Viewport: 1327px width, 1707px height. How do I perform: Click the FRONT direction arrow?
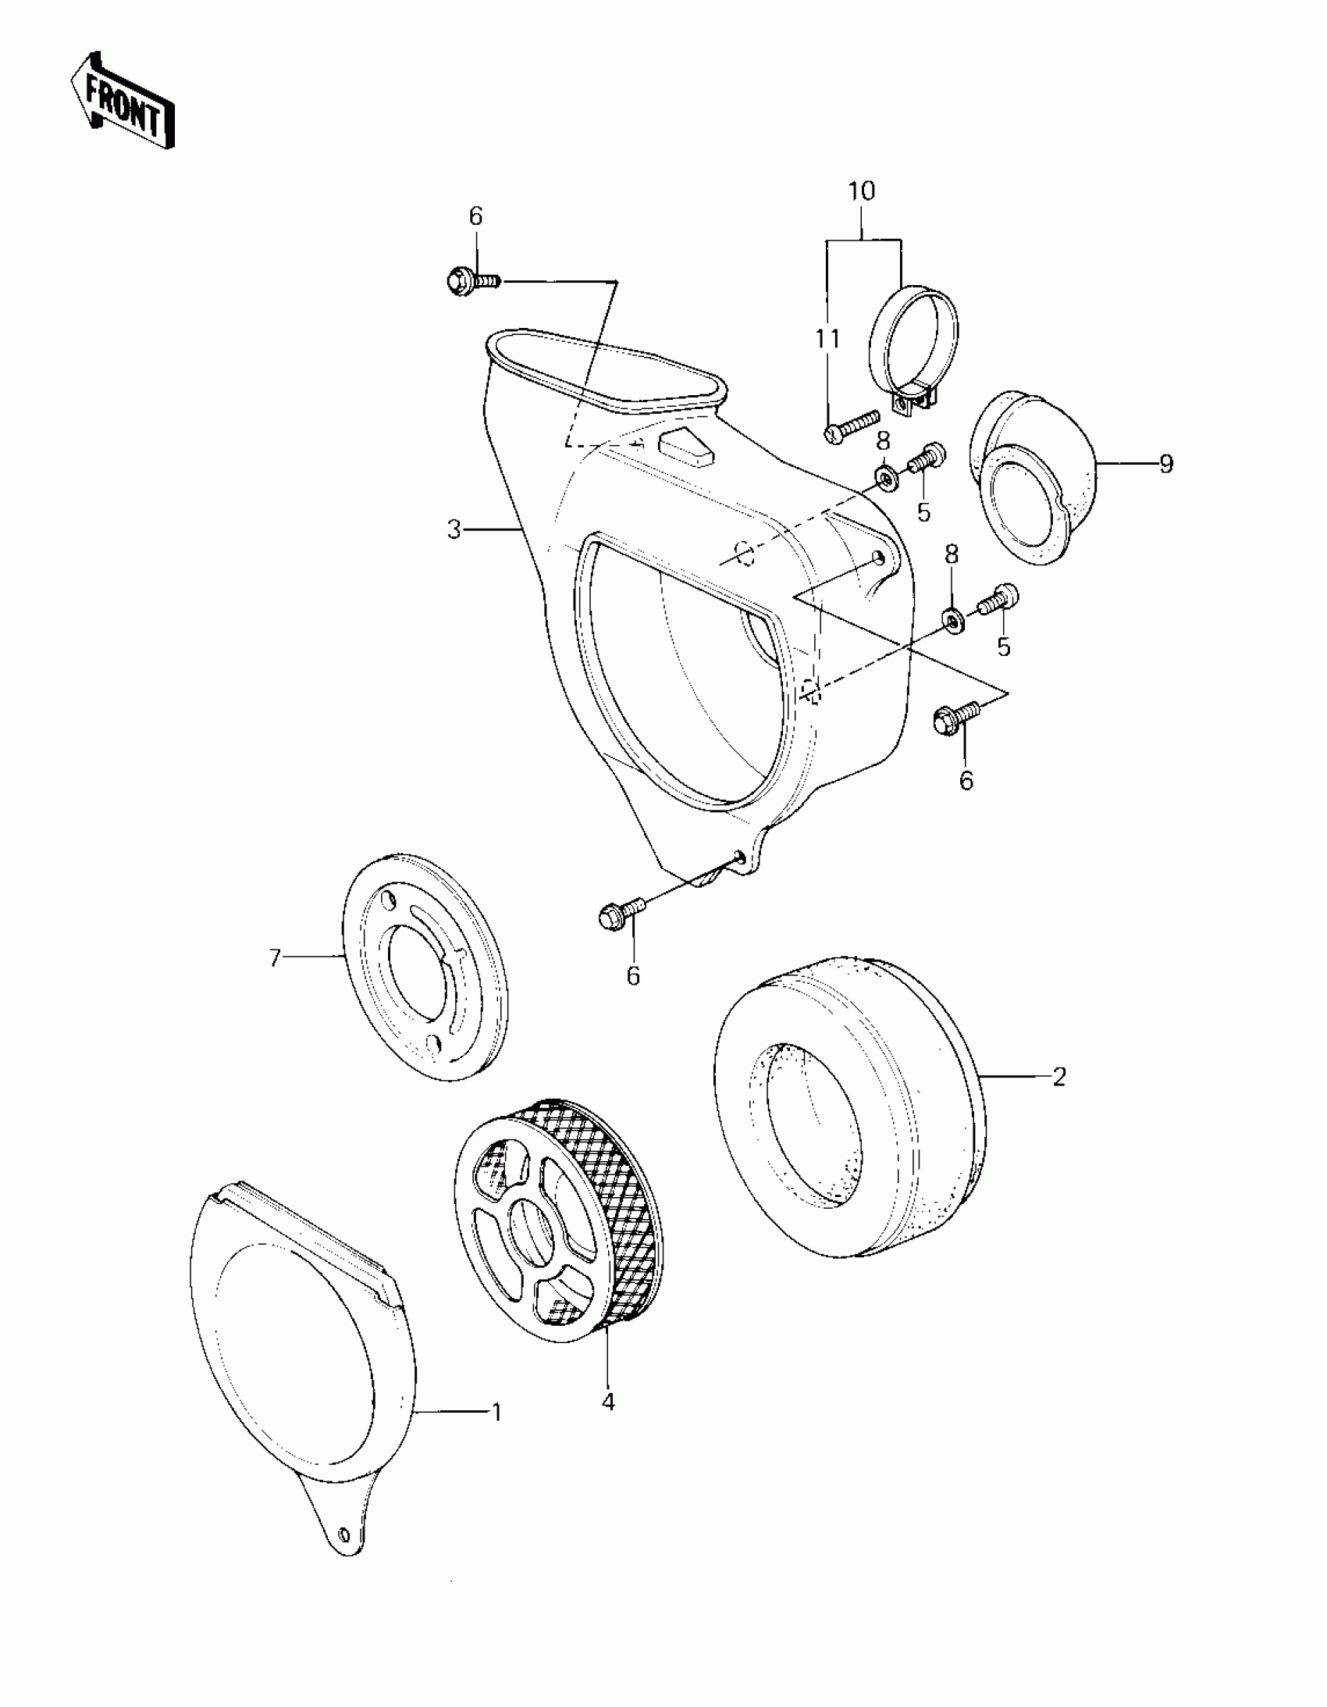click(x=122, y=102)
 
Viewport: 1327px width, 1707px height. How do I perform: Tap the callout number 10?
click(x=861, y=191)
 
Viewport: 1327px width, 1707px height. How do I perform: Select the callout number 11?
click(x=827, y=339)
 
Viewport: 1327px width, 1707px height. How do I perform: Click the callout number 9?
click(x=1166, y=465)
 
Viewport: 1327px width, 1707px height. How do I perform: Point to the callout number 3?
click(x=454, y=530)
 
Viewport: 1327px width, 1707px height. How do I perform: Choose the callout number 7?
click(x=274, y=957)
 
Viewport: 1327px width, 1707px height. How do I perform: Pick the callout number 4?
click(x=608, y=1402)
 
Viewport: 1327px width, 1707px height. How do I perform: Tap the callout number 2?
click(x=1059, y=1077)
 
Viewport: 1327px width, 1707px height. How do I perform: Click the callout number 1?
click(x=496, y=1413)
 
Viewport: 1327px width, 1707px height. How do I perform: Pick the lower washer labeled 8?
click(x=952, y=620)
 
